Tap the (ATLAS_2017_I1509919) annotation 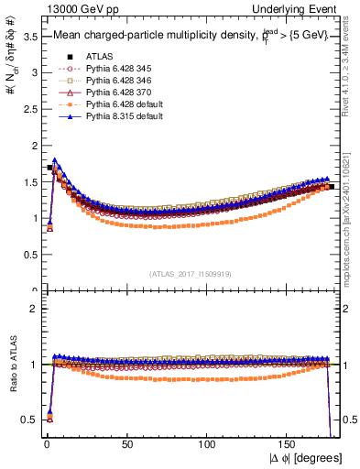(189, 273)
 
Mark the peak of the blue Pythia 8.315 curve (54, 160)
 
